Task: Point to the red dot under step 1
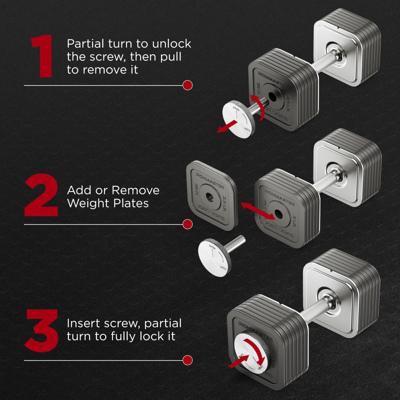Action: pyautogui.click(x=188, y=85)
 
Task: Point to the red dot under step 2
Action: pyautogui.click(x=188, y=224)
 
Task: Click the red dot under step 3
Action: pyautogui.click(x=188, y=360)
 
